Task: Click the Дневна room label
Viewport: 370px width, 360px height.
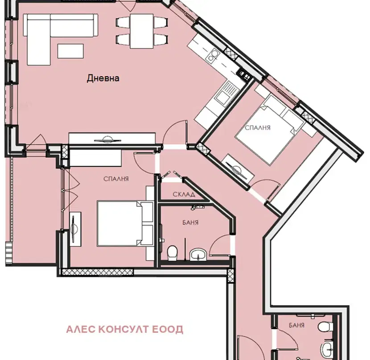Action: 103,78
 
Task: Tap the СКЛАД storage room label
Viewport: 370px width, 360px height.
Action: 184,194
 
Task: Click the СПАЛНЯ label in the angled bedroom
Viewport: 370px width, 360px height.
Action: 258,127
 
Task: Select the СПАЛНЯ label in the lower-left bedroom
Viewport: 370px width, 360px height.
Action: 116,179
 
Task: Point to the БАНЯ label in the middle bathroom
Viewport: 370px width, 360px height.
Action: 190,222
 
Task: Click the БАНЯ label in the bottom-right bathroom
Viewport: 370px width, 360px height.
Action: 296,325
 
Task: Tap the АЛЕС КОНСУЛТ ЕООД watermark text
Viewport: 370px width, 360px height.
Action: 124,329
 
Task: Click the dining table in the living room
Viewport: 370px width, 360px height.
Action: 142,31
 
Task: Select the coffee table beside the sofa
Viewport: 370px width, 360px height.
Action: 70,51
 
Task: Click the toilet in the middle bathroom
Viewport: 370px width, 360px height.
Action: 172,253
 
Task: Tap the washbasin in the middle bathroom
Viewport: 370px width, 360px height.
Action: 198,255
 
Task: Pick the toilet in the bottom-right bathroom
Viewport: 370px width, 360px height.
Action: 325,327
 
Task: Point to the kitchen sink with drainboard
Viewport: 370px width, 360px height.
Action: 226,92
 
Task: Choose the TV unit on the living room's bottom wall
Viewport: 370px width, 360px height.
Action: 112,139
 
